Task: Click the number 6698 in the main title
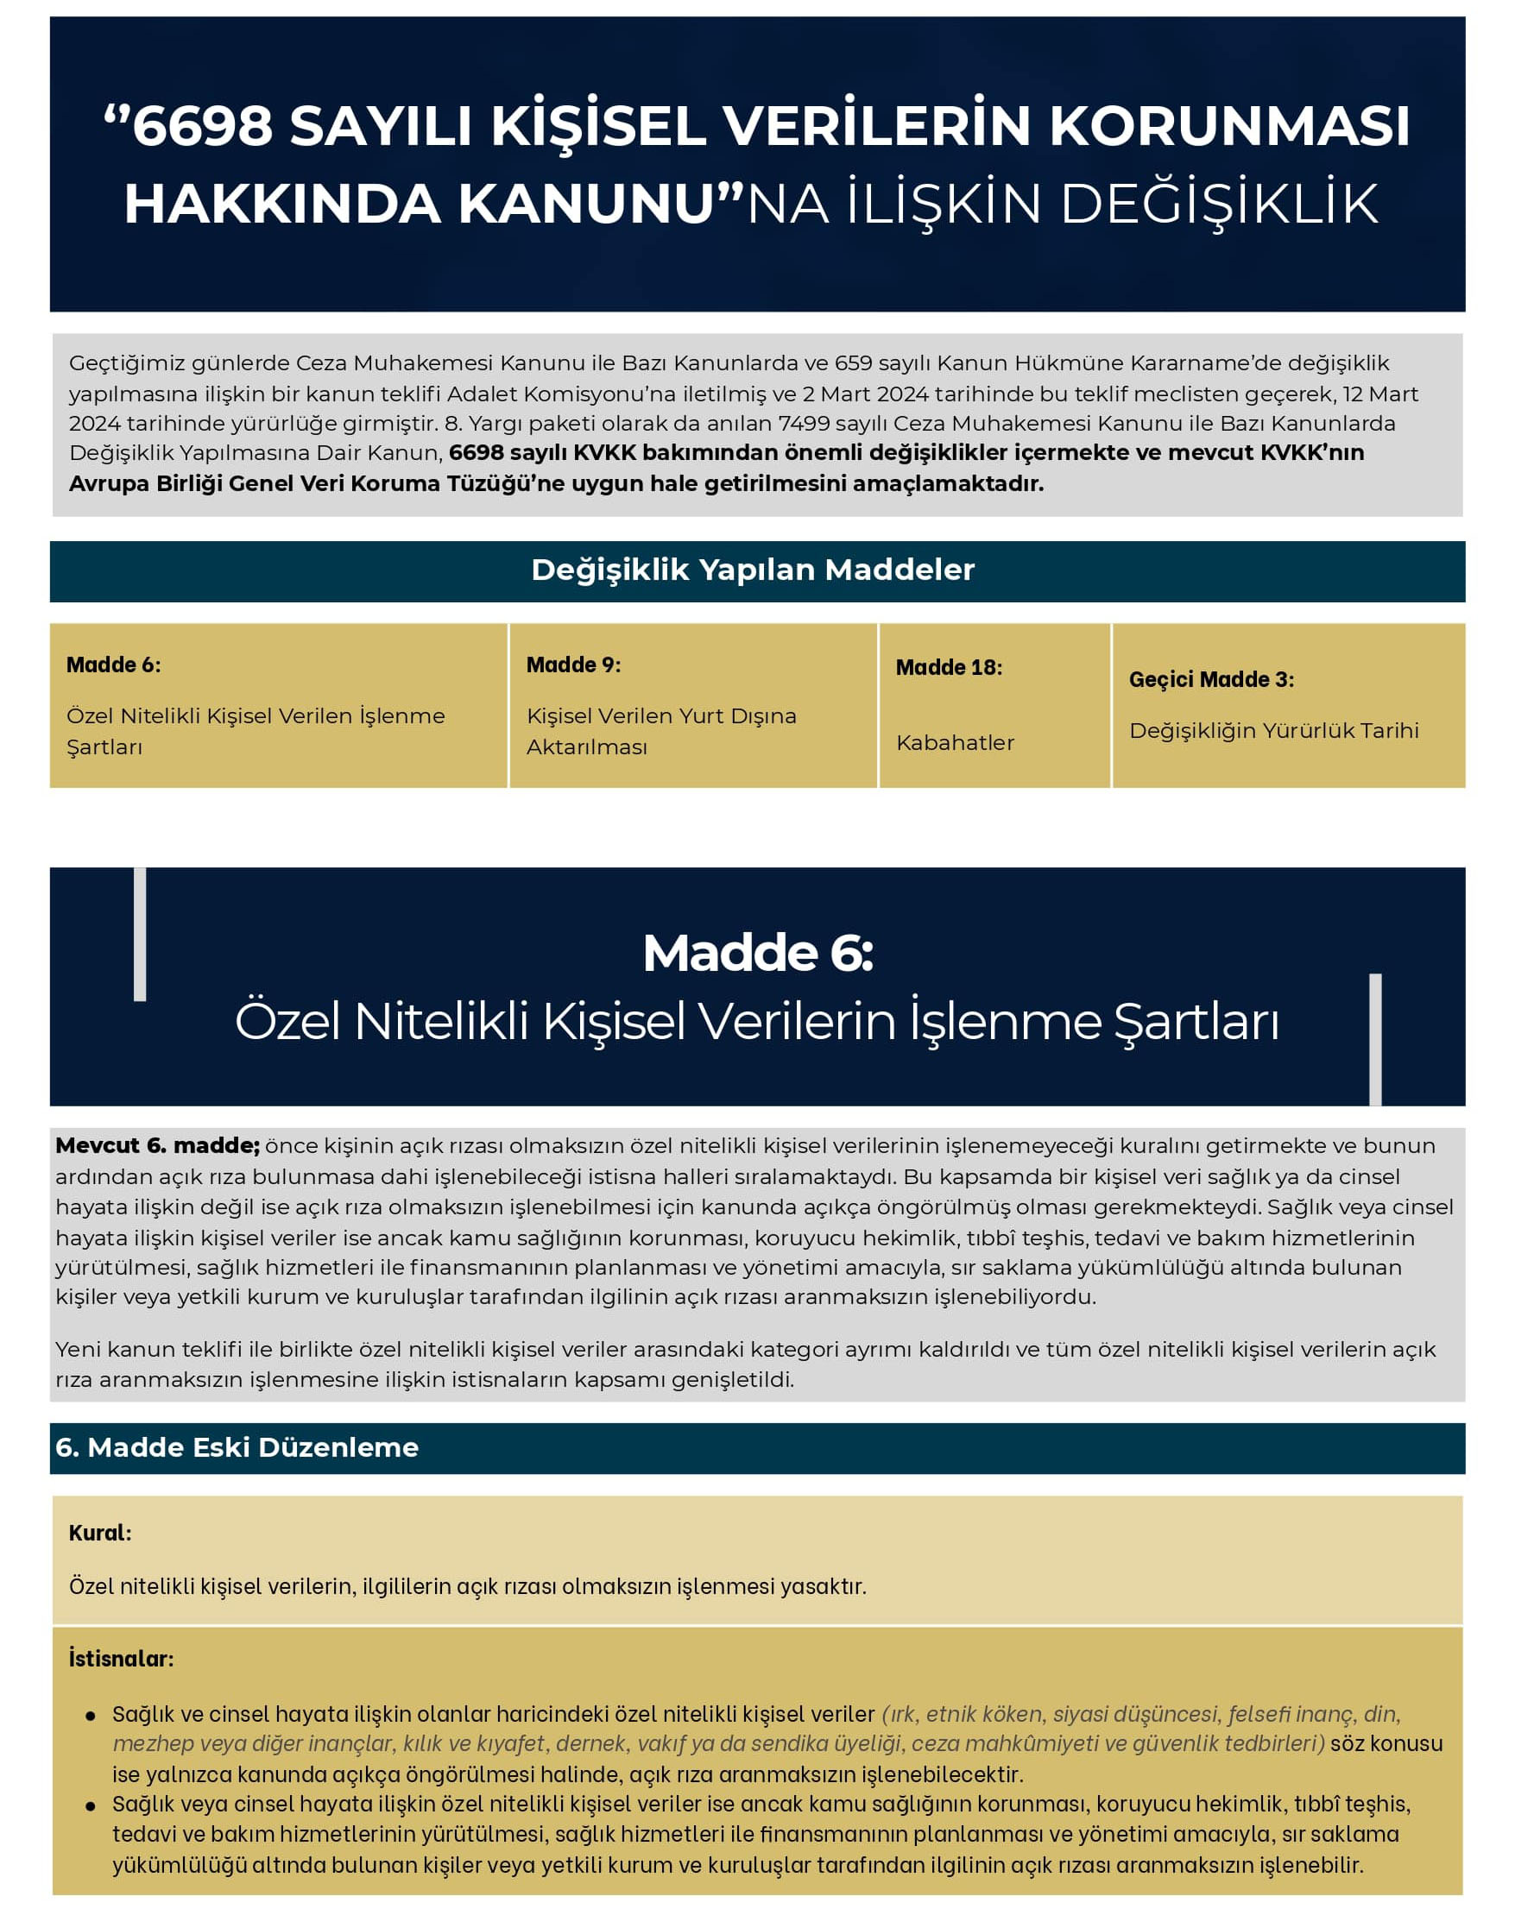[203, 126]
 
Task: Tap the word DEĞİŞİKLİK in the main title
[1218, 205]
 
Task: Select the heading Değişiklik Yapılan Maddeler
[753, 570]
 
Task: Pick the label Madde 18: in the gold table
[949, 667]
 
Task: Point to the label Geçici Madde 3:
[1210, 679]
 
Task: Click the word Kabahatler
[955, 742]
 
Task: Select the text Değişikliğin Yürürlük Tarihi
[1273, 730]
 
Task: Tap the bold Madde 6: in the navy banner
[757, 953]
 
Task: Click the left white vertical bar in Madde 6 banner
[140, 934]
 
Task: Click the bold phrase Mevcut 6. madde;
[158, 1145]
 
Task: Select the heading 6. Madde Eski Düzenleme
[237, 1447]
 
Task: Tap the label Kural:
[100, 1533]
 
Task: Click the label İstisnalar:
[122, 1659]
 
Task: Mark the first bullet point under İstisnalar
[91, 1716]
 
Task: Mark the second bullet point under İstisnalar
[91, 1806]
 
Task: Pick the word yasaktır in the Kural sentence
[829, 1586]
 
